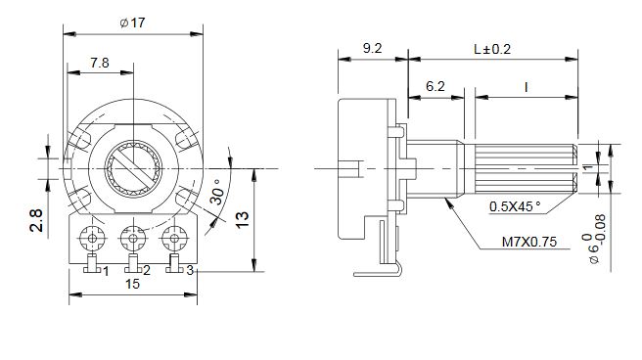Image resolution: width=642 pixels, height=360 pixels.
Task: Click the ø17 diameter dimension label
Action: point(132,22)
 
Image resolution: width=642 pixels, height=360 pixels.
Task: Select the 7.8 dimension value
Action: point(100,63)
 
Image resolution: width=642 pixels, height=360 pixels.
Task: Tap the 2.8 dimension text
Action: point(36,220)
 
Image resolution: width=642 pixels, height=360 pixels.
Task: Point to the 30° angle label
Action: point(217,192)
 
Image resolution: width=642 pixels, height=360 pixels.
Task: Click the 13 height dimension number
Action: point(243,220)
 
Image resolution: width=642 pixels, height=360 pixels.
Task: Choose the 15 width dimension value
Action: point(133,284)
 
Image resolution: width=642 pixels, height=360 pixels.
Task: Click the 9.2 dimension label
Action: point(372,48)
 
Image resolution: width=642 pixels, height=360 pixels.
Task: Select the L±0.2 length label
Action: point(492,49)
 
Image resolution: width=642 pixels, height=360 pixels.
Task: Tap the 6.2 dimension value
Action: point(435,86)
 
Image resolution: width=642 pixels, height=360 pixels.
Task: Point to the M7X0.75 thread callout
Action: point(529,242)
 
